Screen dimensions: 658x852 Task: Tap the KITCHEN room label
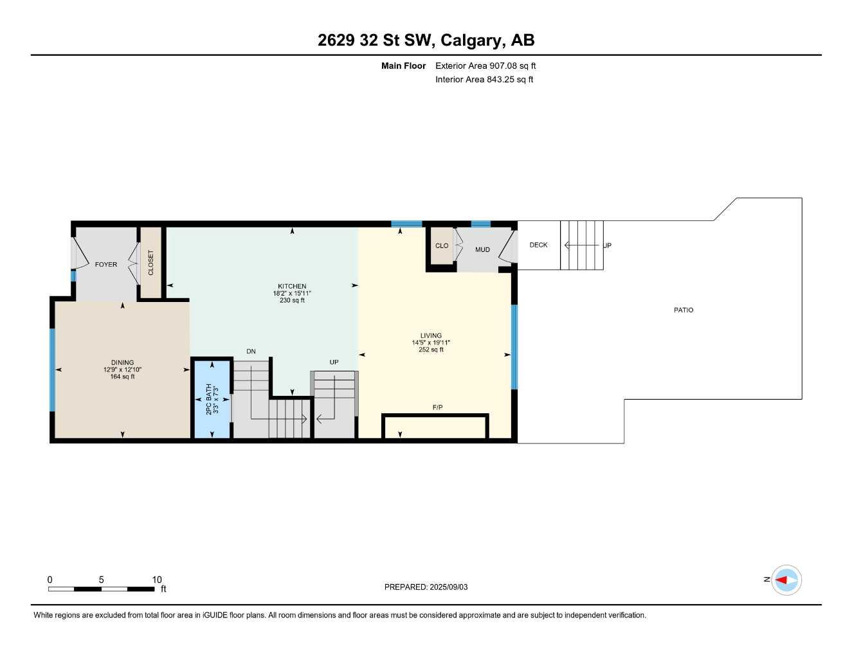(x=292, y=287)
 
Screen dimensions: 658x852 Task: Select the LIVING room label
(x=431, y=335)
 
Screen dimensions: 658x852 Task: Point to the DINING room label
(x=122, y=362)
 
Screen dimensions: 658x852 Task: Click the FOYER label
(x=106, y=264)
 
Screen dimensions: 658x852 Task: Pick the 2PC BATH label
(x=208, y=399)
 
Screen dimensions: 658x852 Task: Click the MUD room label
(x=482, y=249)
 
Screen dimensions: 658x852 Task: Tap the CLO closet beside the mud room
(x=442, y=245)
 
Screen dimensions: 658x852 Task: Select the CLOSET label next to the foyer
(x=151, y=263)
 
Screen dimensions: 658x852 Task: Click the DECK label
(x=538, y=245)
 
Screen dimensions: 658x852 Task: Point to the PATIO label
(x=684, y=310)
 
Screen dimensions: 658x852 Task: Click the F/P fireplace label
(x=437, y=407)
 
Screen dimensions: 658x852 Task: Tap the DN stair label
(x=251, y=351)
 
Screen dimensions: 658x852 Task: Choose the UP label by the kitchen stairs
(x=334, y=362)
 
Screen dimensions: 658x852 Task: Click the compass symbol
(x=786, y=580)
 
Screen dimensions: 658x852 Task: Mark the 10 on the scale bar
(x=157, y=580)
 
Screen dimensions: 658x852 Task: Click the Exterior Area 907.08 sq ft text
(x=485, y=66)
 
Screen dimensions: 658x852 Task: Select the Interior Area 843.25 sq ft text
(x=484, y=80)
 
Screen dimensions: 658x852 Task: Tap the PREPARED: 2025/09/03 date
(x=426, y=587)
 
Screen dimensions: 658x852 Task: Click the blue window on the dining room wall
(x=52, y=369)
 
